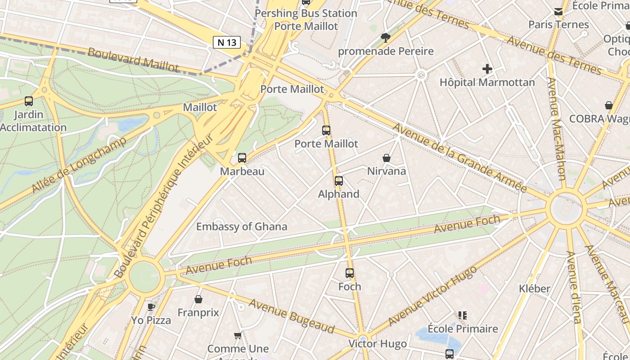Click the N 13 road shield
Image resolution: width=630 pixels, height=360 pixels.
click(226, 42)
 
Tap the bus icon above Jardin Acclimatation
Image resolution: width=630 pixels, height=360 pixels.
click(29, 101)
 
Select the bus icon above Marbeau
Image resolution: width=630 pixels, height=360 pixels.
click(242, 158)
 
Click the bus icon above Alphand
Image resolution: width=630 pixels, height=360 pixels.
click(339, 181)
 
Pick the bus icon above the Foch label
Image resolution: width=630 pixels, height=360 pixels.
click(350, 273)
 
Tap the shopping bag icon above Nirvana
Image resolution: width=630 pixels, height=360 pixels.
click(386, 158)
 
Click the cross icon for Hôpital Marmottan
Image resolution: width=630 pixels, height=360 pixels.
click(487, 69)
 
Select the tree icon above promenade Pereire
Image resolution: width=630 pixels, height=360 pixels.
click(385, 38)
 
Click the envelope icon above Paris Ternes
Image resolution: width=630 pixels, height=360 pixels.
click(558, 12)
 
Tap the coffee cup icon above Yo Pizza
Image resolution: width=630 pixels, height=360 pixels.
click(151, 307)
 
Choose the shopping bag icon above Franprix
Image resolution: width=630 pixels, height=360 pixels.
click(198, 299)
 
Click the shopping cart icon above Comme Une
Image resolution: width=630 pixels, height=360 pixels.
click(238, 335)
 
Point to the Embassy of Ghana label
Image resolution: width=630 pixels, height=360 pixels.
click(242, 226)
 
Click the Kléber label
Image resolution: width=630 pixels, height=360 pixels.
click(535, 288)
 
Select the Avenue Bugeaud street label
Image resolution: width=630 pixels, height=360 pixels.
click(292, 316)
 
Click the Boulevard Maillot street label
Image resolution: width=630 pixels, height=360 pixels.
click(133, 59)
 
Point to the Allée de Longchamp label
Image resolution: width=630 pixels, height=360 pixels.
click(79, 165)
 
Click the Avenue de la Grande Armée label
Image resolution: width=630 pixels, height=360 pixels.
click(459, 157)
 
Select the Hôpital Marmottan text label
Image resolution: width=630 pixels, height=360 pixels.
click(487, 82)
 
